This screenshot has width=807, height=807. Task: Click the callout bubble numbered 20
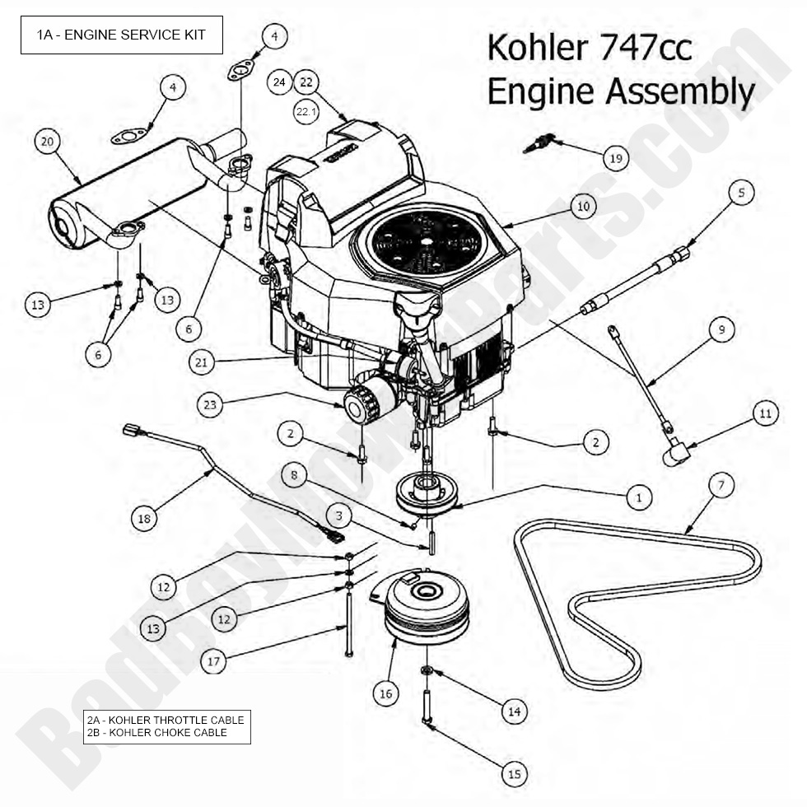click(x=47, y=142)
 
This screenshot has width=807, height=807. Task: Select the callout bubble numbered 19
click(x=615, y=158)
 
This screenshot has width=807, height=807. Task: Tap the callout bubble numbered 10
click(x=583, y=207)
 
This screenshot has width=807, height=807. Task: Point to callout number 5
click(x=740, y=194)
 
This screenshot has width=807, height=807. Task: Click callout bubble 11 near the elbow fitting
click(x=766, y=414)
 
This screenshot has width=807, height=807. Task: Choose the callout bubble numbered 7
click(x=721, y=486)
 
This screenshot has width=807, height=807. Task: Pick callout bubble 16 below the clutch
click(x=385, y=693)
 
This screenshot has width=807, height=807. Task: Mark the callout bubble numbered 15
click(x=514, y=774)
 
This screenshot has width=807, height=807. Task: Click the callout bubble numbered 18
click(x=145, y=518)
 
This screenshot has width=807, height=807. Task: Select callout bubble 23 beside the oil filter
click(x=211, y=404)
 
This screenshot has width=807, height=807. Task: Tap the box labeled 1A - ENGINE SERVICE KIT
click(x=121, y=35)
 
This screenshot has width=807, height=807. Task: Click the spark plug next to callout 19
click(x=537, y=144)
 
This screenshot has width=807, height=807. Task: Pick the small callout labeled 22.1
click(x=306, y=110)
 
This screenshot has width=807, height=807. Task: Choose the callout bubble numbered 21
click(x=202, y=360)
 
